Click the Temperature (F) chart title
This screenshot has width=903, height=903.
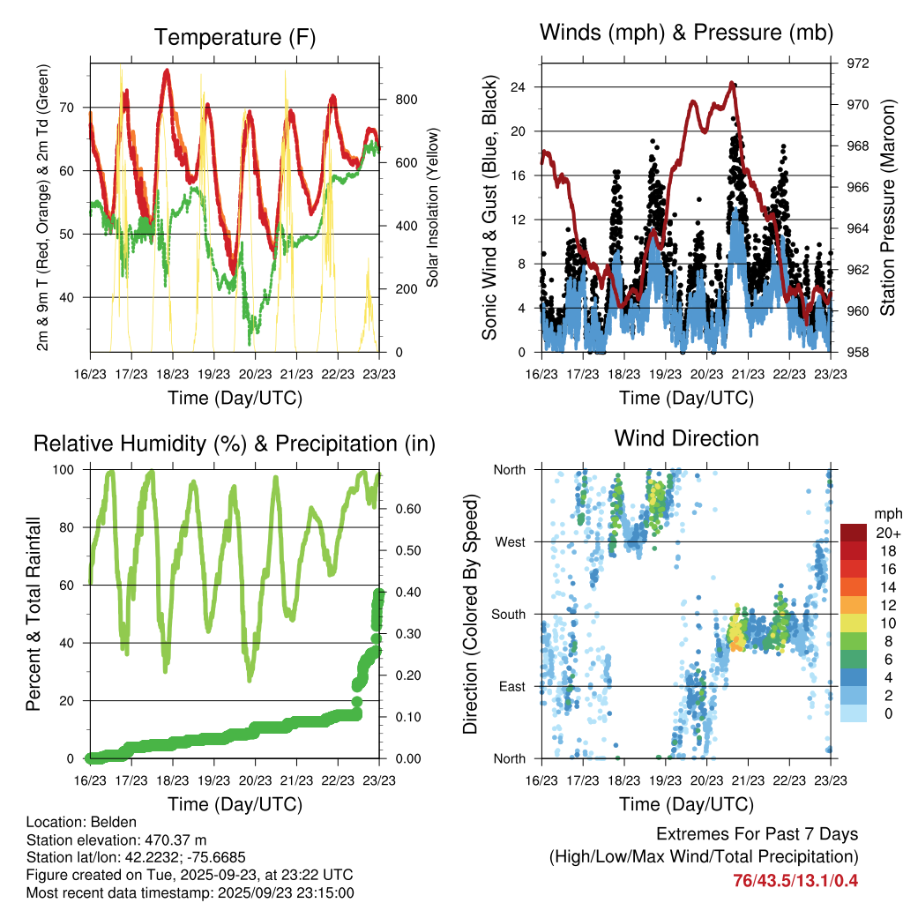[x=235, y=37]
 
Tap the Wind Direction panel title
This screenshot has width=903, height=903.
[x=686, y=437]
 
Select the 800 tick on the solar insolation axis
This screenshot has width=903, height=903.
[x=406, y=100]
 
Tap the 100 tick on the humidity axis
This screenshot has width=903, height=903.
[x=69, y=470]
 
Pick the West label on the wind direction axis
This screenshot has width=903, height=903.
[x=510, y=542]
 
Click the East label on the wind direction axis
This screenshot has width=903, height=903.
[x=511, y=686]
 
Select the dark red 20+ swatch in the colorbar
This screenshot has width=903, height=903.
[x=854, y=533]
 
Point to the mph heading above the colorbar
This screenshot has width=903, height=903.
[x=885, y=513]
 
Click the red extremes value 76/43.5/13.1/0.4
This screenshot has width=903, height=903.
[x=795, y=880]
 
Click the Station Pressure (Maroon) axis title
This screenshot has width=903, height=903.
[x=888, y=208]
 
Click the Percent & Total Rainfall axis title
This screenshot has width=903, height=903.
[x=33, y=614]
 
